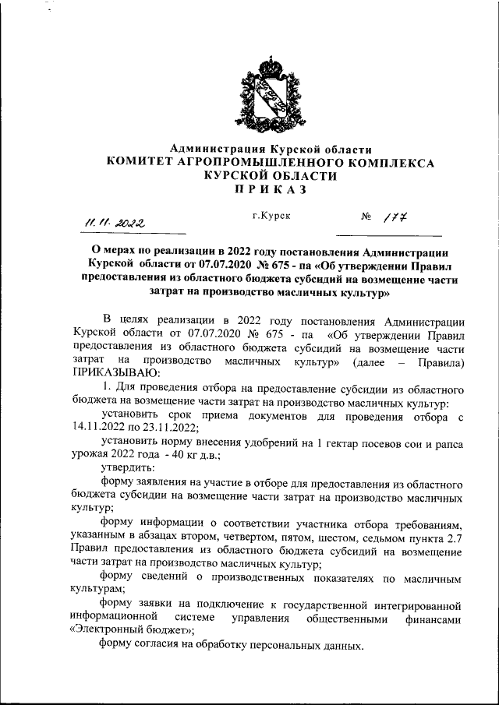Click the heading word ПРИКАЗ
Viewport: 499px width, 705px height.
click(271, 189)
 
